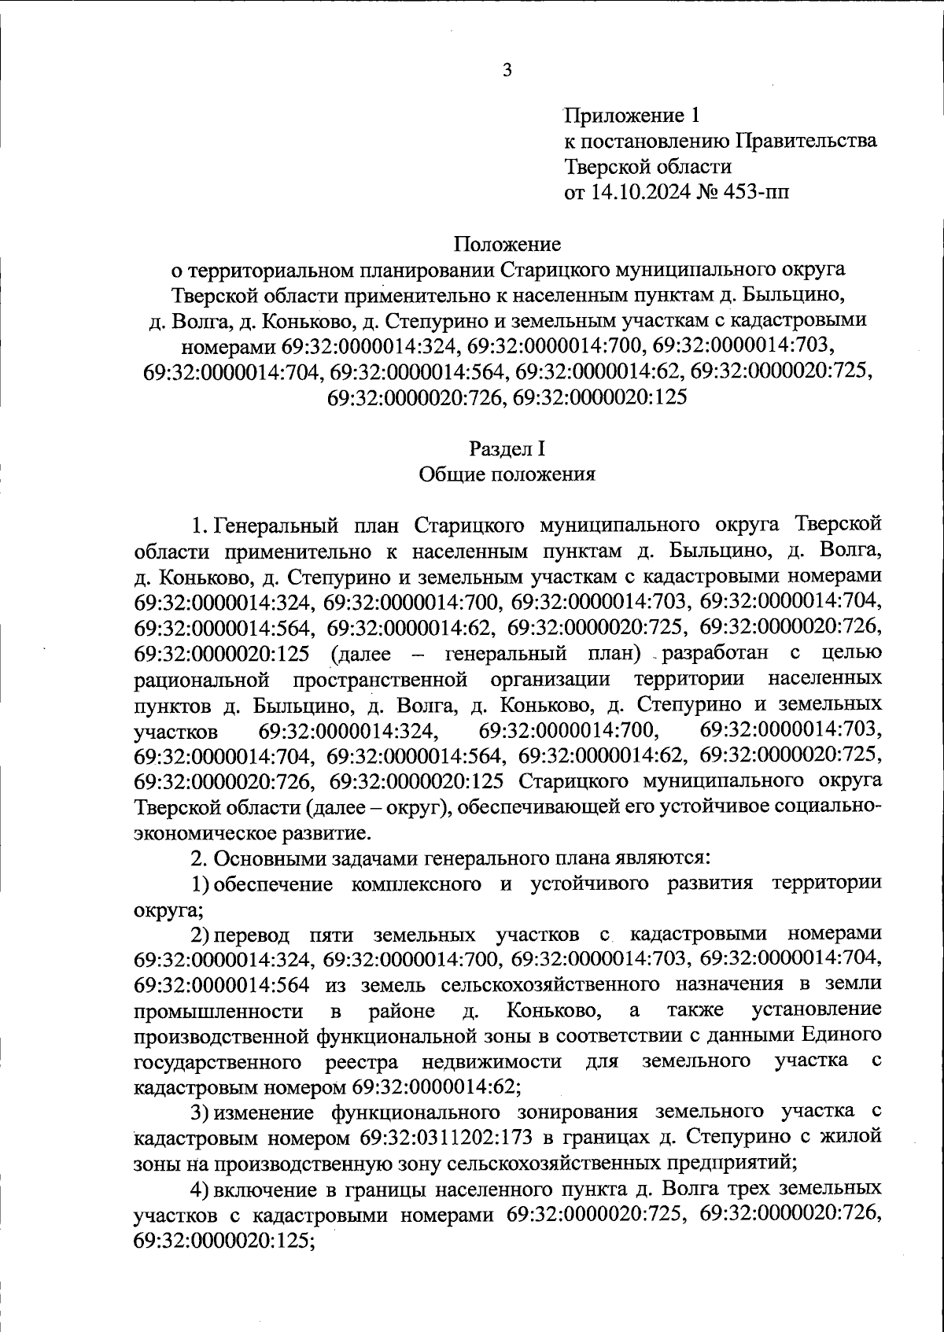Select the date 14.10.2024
pyautogui.click(x=639, y=192)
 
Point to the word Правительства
pyautogui.click(x=806, y=142)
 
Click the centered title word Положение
pyautogui.click(x=507, y=244)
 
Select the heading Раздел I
pyautogui.click(x=507, y=448)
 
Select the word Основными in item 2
pyautogui.click(x=268, y=858)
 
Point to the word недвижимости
pyautogui.click(x=491, y=1061)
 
